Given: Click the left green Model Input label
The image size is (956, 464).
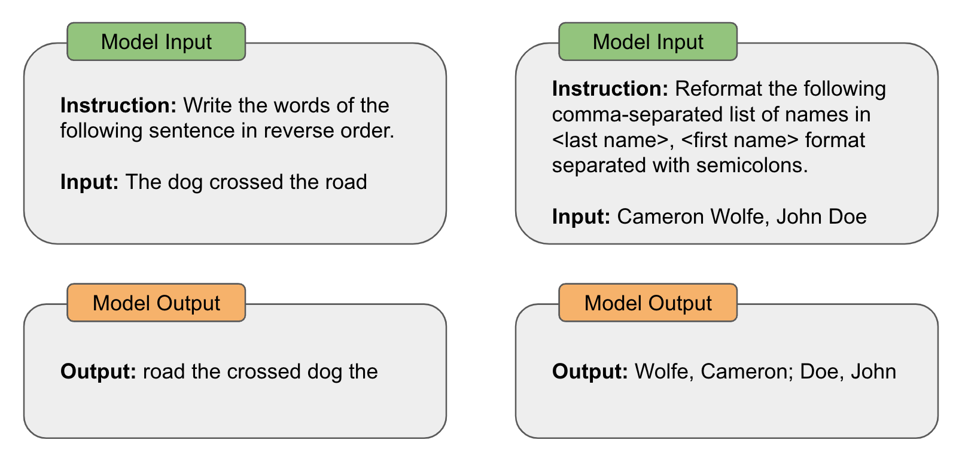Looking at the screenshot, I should [x=156, y=42].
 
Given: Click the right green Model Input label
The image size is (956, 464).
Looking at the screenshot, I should [x=648, y=42].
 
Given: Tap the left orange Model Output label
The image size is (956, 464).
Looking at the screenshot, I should [x=156, y=303].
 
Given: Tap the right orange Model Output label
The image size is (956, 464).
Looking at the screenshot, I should [x=648, y=303].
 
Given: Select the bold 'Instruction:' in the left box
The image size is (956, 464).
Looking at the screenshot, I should [x=118, y=105].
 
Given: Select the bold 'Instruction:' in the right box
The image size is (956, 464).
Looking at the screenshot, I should [x=610, y=88].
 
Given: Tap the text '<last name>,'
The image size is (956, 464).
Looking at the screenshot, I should [x=613, y=140].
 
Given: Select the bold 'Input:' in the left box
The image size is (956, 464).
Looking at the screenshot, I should [x=90, y=182].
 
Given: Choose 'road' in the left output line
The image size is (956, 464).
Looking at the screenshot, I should [x=164, y=371].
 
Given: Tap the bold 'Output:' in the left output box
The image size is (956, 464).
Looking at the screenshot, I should [x=99, y=371].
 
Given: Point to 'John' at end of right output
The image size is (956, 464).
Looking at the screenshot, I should [x=873, y=371].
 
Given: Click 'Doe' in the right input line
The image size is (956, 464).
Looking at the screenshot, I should [x=845, y=216].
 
